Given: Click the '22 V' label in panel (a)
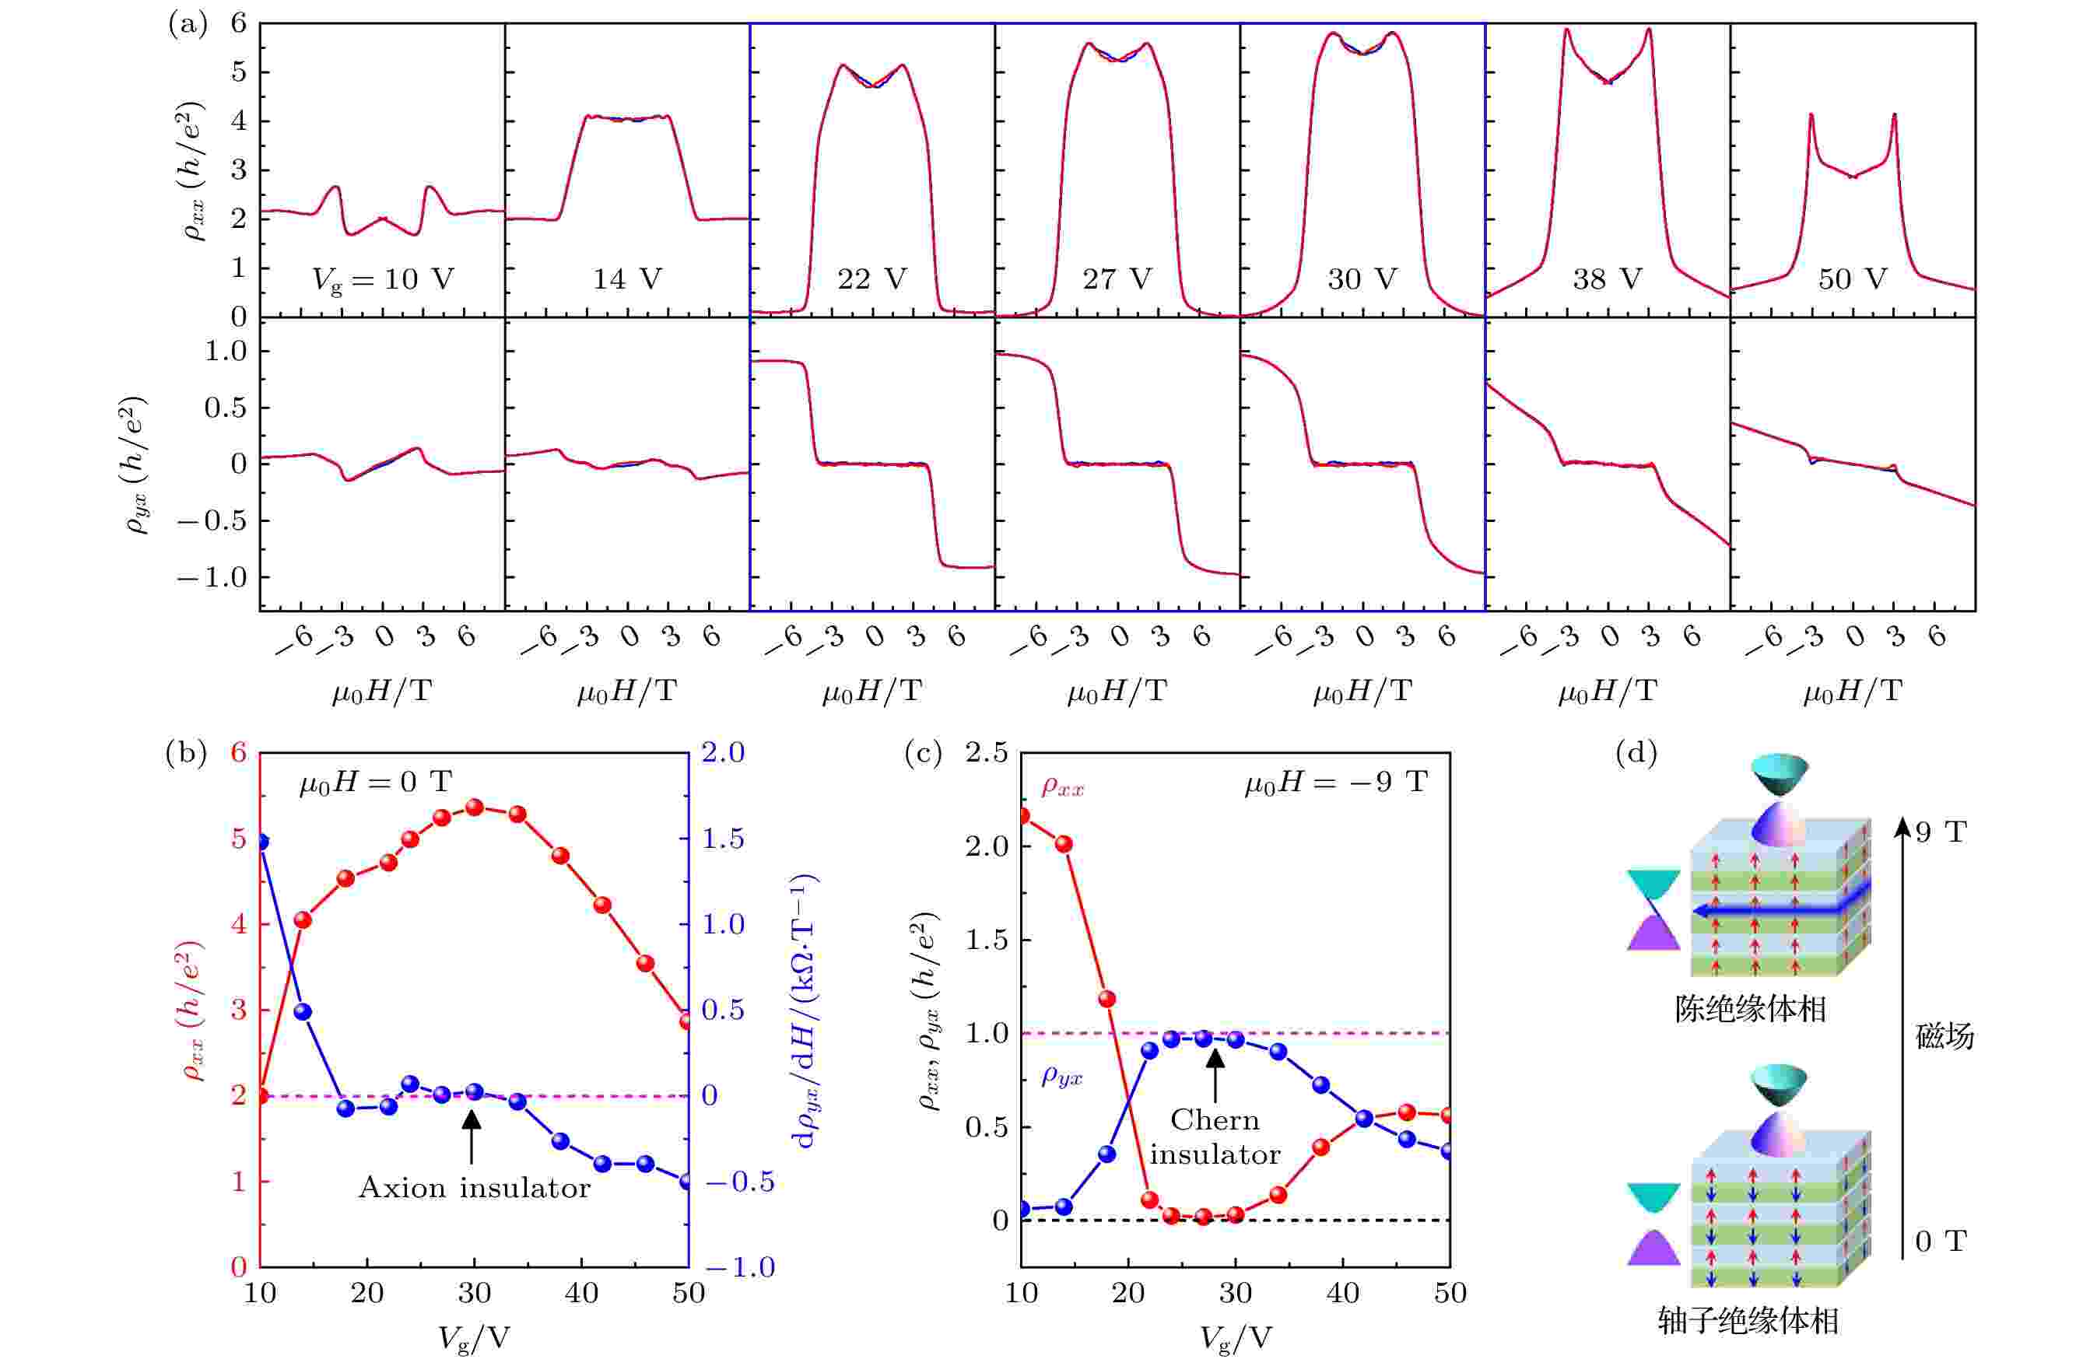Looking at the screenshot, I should [871, 279].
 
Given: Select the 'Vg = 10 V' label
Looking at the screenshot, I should [383, 280].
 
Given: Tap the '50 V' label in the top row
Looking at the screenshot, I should [1852, 279].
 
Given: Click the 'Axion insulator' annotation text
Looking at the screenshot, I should [475, 1188].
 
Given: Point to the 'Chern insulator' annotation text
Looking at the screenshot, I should [1215, 1137].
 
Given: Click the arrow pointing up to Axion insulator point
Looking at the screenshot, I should [472, 1137].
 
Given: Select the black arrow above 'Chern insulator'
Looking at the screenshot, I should [1215, 1074].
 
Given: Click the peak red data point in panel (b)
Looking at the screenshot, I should [475, 807].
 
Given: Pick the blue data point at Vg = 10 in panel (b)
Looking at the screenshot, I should [260, 842].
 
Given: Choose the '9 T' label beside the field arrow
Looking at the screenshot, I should [1941, 832].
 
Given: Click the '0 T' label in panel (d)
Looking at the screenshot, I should [1941, 1241].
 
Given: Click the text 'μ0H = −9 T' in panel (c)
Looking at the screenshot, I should [1335, 783].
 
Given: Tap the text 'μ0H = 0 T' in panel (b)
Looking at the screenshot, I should [376, 783].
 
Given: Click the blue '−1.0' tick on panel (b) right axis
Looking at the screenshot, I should [738, 1267].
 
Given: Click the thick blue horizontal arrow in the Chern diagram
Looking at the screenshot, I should [1776, 912].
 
